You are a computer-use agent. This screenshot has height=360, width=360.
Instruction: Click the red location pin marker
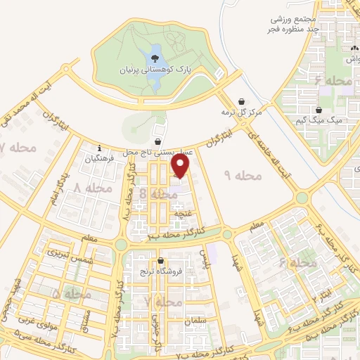tap(181, 167)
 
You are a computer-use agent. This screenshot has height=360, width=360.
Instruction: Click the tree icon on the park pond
tap(154, 57)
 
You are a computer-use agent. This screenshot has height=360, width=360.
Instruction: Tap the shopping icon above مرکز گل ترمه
tap(242, 101)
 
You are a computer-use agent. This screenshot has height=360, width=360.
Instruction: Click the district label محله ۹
tap(240, 174)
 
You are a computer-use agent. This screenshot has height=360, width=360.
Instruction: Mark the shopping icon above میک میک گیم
tap(320, 110)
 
